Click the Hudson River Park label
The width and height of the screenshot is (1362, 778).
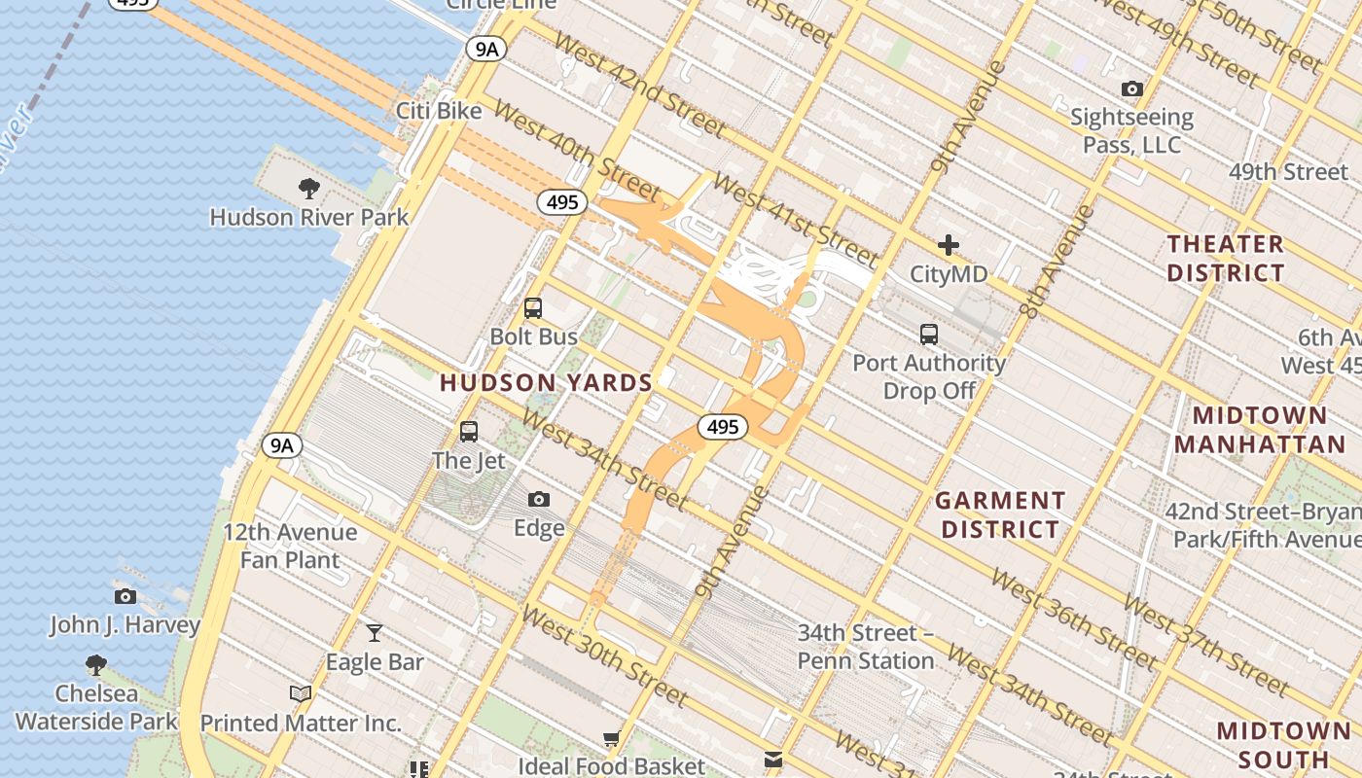[309, 217]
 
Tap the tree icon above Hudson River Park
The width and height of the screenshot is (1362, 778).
[309, 188]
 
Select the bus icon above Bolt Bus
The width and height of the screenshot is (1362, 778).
[532, 308]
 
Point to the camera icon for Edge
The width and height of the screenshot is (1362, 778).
[539, 500]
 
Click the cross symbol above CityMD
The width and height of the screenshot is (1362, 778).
[949, 245]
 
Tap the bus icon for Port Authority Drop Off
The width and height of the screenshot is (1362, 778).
[929, 335]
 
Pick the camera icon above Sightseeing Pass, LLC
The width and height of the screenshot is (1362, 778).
[1131, 89]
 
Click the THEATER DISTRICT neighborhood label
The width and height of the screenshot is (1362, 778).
[1226, 258]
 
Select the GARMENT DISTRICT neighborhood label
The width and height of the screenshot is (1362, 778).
[1000, 515]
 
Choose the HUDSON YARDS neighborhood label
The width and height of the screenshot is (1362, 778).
[546, 383]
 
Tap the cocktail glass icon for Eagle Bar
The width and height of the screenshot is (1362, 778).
[375, 633]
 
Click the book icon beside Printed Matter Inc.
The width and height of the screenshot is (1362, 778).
[301, 694]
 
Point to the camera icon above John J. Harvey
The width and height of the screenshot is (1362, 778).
[125, 596]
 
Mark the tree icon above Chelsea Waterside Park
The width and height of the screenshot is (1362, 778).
[95, 664]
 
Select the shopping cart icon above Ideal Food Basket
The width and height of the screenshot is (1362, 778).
[611, 739]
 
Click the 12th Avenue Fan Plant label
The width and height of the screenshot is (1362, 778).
[290, 547]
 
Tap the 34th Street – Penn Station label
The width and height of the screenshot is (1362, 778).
[866, 647]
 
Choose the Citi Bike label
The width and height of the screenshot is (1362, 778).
[439, 111]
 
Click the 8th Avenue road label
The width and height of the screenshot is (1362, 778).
[1058, 261]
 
